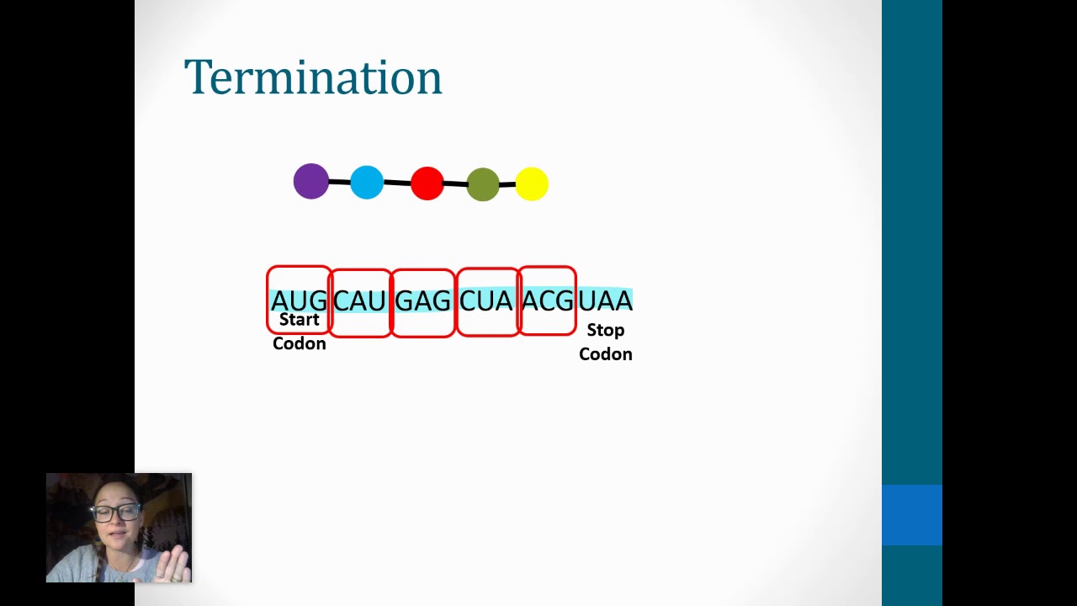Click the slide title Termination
click(x=313, y=77)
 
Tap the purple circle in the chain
click(x=311, y=182)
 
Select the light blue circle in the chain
click(x=367, y=183)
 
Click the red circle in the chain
click(x=427, y=183)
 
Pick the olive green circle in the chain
click(x=483, y=184)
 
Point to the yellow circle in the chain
click(x=532, y=183)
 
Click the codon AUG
click(x=299, y=300)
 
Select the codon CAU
click(x=360, y=300)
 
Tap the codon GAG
click(x=422, y=300)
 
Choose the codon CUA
click(x=485, y=300)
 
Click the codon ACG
click(x=547, y=300)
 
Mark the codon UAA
click(x=605, y=300)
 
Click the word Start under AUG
click(x=300, y=320)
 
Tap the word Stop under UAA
click(x=606, y=330)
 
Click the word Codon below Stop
click(x=606, y=354)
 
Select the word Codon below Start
click(x=300, y=343)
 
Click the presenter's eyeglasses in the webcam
click(x=117, y=513)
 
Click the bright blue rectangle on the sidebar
click(x=912, y=515)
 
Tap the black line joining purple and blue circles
click(x=339, y=182)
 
